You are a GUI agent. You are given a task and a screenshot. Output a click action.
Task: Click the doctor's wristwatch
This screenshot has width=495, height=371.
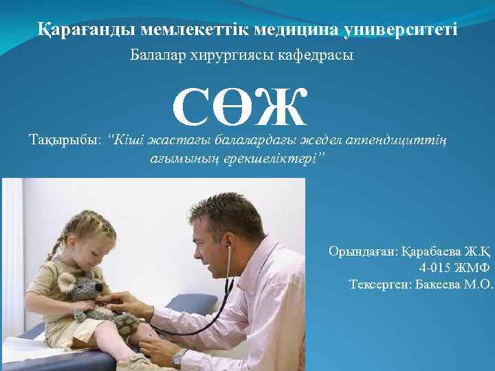click(179, 357)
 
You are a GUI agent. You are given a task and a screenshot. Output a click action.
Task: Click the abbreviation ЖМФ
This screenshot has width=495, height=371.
click(473, 268)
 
